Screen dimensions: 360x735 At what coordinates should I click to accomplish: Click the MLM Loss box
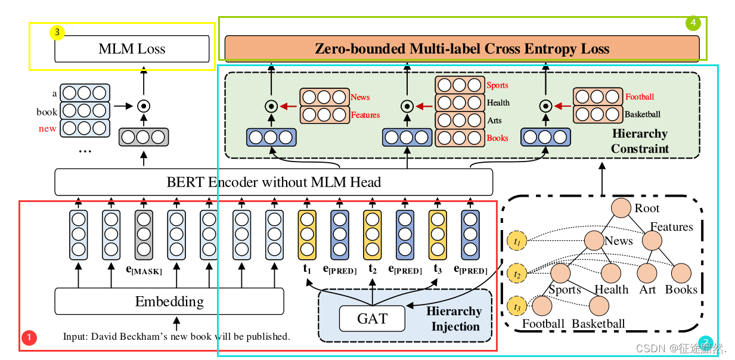pos(132,49)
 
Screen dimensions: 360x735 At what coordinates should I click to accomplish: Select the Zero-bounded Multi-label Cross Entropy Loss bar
pos(461,48)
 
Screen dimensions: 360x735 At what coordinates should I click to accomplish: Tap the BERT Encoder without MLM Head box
pos(274,182)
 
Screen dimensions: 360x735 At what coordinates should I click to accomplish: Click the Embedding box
pos(169,302)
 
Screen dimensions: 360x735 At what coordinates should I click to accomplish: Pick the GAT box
pos(372,319)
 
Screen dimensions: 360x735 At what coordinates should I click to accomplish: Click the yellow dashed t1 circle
pos(517,241)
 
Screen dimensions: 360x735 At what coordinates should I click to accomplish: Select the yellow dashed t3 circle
pos(517,308)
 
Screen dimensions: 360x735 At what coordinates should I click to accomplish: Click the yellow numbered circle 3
pos(57,32)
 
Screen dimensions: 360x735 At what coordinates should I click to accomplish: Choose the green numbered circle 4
pos(692,23)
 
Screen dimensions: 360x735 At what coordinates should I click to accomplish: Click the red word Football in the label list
pos(639,97)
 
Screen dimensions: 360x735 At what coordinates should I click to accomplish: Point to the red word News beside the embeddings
pos(360,97)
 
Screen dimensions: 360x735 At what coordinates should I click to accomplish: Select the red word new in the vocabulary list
pos(47,129)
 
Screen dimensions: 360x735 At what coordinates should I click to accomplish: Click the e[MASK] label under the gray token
pos(144,271)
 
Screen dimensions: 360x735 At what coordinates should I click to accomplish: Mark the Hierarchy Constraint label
pos(640,141)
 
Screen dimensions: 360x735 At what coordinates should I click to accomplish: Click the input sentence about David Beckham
pos(176,337)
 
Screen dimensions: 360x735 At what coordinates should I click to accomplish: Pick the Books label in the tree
pos(681,290)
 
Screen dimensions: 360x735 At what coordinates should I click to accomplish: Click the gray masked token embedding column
pos(144,232)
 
